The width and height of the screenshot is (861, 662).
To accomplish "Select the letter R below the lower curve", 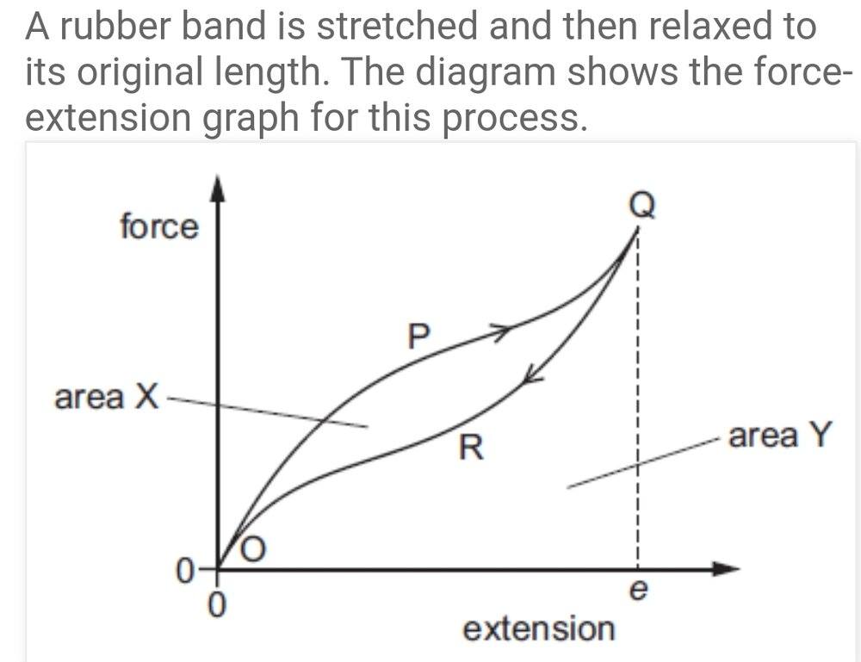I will [470, 448].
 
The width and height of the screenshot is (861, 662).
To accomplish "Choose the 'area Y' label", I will [780, 436].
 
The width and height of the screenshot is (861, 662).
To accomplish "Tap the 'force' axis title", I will [158, 227].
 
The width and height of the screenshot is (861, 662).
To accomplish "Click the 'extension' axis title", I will [539, 628].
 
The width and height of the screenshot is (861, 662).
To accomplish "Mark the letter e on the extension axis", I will [638, 593].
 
